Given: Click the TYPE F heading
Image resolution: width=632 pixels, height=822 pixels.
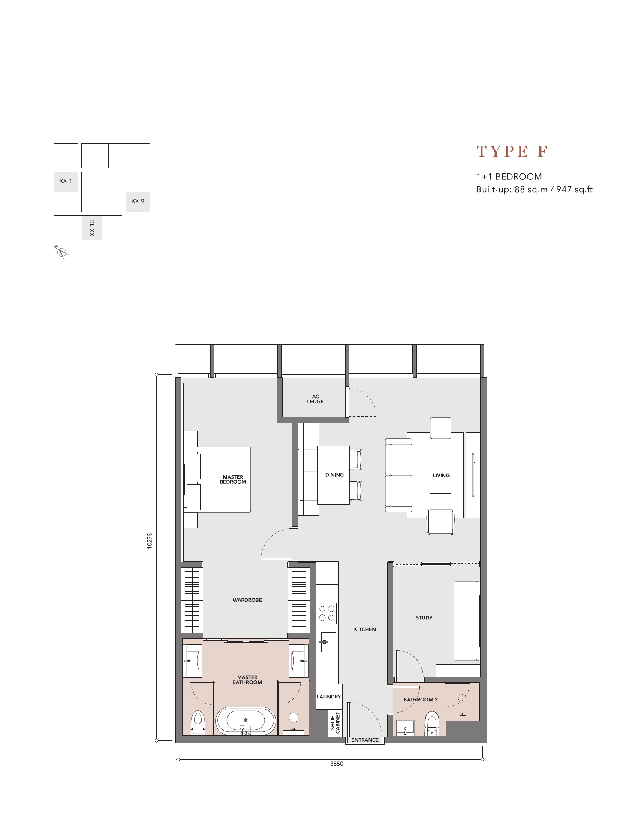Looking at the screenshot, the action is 512,152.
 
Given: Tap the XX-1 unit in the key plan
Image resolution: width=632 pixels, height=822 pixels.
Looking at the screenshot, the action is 66,182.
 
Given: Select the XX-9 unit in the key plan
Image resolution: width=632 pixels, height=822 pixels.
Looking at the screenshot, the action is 138,202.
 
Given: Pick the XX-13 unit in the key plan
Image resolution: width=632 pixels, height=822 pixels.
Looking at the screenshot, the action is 92,228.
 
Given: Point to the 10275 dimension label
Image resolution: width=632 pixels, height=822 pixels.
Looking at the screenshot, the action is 150,541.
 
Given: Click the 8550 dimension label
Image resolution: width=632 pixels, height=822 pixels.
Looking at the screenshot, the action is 337,764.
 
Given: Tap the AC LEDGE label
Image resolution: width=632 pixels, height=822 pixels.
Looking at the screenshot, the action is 315,399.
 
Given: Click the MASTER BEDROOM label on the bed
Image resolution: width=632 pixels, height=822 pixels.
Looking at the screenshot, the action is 233,479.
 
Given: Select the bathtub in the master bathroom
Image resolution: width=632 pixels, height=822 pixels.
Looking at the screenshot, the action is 246,721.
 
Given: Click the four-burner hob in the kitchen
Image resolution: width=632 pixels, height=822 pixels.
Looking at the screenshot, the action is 327,613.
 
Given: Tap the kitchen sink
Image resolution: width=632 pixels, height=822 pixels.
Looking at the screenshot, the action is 328,642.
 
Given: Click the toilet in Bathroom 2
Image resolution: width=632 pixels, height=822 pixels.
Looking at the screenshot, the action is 432,724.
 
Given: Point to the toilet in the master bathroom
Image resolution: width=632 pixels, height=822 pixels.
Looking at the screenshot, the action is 197,723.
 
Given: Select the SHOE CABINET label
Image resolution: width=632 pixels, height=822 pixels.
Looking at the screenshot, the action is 335,723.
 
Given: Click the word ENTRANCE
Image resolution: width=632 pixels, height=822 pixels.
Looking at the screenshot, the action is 365,740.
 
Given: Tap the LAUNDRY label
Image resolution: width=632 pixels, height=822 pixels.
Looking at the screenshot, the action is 329,697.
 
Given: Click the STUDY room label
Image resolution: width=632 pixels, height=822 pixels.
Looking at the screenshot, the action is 424,618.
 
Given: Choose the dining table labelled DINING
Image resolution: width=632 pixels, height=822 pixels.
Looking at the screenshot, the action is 334,475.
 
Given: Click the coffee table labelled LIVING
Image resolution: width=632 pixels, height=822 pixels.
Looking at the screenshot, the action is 441,476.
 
